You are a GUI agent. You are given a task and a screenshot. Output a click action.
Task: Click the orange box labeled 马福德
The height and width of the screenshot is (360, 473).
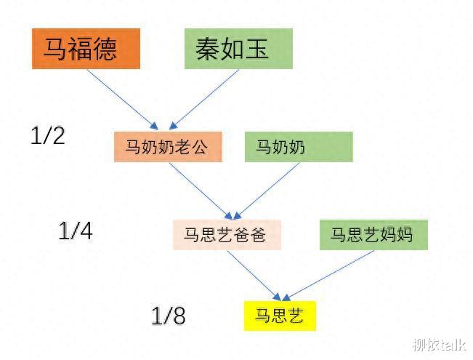(x=86, y=49)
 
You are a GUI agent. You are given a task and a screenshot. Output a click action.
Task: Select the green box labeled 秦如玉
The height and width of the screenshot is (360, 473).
(x=238, y=49)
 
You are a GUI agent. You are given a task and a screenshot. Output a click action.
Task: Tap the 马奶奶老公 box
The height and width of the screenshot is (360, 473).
(x=168, y=147)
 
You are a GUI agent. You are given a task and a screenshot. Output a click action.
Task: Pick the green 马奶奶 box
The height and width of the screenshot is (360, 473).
(x=299, y=147)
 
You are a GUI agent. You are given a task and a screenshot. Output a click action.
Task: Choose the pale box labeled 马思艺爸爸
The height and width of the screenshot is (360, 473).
(x=227, y=235)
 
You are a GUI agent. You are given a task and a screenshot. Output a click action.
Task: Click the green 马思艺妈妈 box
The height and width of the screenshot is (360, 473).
(x=373, y=235)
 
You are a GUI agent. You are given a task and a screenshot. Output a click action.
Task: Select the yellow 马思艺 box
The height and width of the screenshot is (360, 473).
(x=280, y=316)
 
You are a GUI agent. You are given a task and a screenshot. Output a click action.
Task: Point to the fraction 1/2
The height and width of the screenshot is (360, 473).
(x=48, y=135)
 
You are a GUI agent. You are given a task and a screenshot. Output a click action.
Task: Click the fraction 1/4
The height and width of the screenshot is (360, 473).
(x=76, y=231)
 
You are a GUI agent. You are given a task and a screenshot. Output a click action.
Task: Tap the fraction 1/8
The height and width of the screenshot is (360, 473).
(x=169, y=316)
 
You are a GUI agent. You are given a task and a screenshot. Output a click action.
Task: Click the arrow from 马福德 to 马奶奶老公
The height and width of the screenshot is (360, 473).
(x=123, y=100)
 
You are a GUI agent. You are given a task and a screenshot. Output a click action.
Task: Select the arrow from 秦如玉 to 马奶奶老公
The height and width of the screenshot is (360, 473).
(x=204, y=100)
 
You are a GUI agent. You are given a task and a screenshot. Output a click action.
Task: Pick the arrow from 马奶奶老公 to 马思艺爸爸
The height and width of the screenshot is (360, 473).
(x=201, y=191)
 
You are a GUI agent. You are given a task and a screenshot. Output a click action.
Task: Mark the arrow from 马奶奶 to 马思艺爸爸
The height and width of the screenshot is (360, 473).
(x=267, y=191)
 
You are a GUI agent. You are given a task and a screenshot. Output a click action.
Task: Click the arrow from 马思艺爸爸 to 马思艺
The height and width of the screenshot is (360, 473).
(x=254, y=276)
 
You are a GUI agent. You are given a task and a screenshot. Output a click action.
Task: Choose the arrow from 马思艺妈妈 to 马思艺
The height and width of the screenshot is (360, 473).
(x=328, y=276)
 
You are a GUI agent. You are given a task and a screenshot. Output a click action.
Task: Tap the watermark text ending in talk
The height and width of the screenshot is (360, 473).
(x=439, y=345)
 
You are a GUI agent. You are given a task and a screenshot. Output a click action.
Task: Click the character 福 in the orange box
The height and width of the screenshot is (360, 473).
(x=80, y=49)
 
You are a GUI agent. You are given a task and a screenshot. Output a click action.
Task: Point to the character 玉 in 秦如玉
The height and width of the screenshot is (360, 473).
(x=257, y=49)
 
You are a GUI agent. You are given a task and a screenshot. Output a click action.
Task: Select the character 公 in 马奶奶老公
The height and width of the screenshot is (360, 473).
(x=199, y=147)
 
